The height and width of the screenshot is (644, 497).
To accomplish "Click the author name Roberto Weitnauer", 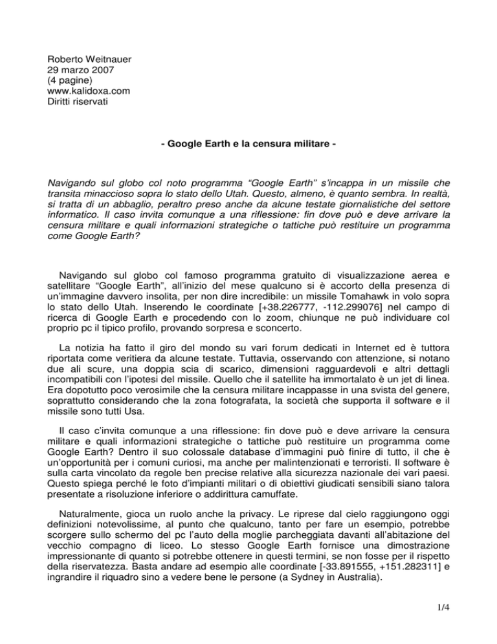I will [83, 39].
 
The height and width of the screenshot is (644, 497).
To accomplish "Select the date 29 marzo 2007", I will [72, 51].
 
